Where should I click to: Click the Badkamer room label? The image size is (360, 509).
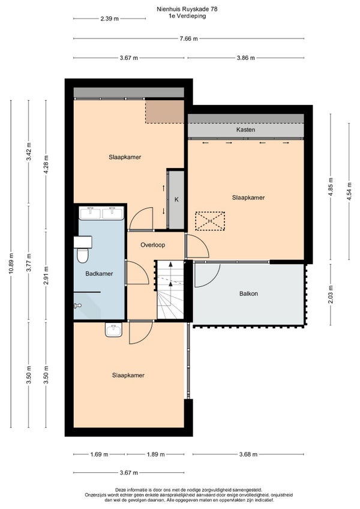(99, 274)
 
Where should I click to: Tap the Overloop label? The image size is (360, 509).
(152, 245)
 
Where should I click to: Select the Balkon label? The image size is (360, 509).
(248, 294)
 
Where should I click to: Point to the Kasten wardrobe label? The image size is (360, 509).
(246, 130)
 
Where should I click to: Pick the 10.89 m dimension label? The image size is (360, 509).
(11, 264)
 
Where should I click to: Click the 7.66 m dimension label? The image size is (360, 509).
(188, 39)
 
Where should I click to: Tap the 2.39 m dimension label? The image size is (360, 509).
(109, 19)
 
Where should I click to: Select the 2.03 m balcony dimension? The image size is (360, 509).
(331, 295)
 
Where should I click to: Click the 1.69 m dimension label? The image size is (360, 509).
(99, 454)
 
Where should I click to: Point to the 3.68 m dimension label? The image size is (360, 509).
(248, 454)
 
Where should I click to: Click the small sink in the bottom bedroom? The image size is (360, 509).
(113, 330)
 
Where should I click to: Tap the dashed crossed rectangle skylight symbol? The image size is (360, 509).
(210, 221)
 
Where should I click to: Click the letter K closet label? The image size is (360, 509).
(176, 200)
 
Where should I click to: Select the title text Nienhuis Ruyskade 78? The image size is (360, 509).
(187, 9)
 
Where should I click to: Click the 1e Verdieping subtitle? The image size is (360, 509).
(187, 16)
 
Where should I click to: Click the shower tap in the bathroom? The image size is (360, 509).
(77, 306)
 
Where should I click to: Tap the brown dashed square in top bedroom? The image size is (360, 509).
(164, 112)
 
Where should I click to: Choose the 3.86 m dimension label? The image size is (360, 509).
(246, 58)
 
